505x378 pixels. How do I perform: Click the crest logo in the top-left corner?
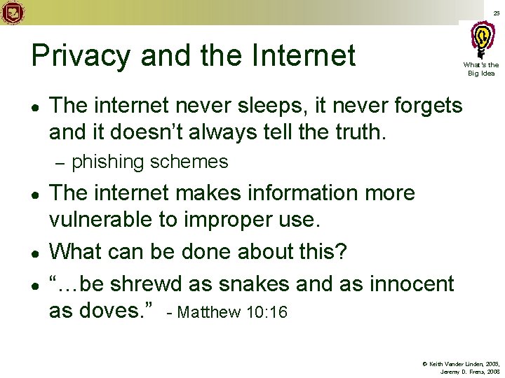[x=13, y=13]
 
